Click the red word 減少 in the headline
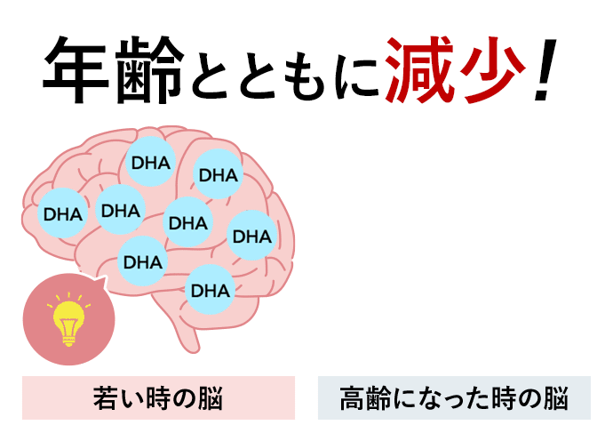[x=456, y=70]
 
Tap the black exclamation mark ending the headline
[x=545, y=69]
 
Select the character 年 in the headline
[x=76, y=70]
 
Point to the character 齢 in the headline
[x=150, y=70]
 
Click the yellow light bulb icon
[x=68, y=319]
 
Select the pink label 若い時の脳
[x=158, y=397]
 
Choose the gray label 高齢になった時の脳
[x=454, y=397]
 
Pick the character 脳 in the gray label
[x=555, y=398]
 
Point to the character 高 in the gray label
[x=352, y=398]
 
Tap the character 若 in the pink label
[x=106, y=398]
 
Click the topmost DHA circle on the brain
[x=150, y=161]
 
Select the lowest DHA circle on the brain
[x=211, y=290]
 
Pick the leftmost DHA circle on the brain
[x=62, y=212]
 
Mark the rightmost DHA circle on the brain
[x=252, y=236]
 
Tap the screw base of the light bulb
[x=68, y=339]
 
